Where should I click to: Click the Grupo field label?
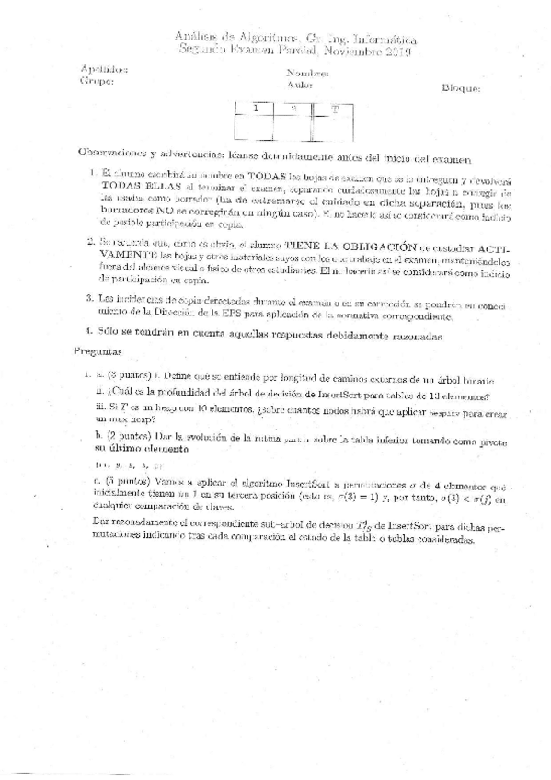97,81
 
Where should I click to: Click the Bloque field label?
461,89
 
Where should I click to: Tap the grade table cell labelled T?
335,109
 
